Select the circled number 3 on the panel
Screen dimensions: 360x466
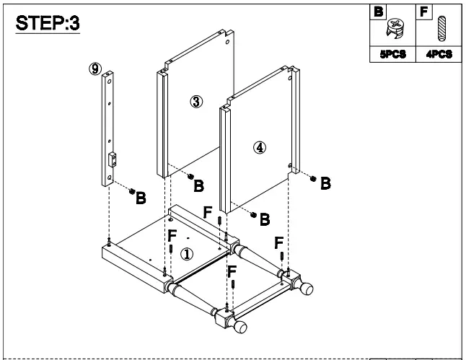pos(195,101)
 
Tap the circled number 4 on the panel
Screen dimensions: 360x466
pos(260,147)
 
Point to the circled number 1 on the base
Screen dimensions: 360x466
pos(186,254)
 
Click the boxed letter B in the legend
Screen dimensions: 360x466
pos(376,12)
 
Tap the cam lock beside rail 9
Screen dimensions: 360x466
pos(132,191)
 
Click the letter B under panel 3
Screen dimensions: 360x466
pos(198,186)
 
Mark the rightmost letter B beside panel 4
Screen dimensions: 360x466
pos(325,183)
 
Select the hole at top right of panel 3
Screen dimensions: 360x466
pos(228,42)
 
